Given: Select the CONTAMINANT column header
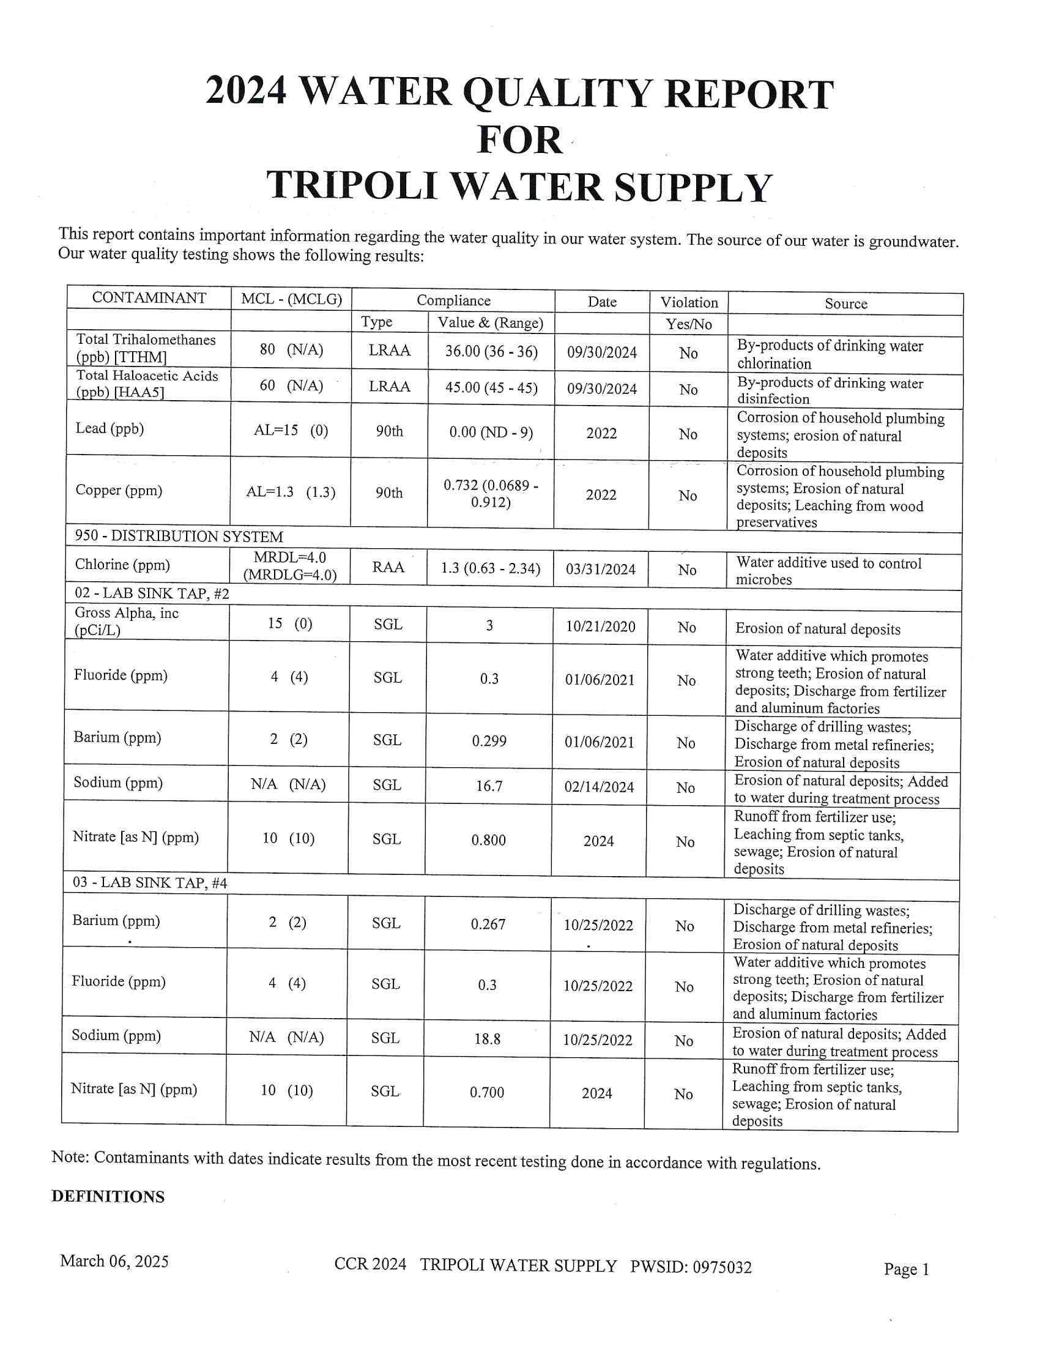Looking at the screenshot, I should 149,298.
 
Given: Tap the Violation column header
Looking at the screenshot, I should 689,302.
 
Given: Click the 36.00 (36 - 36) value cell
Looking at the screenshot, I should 491,351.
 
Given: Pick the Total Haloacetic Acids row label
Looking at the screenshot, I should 147,384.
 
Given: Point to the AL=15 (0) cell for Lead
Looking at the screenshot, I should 291,430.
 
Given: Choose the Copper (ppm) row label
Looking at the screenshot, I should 119,490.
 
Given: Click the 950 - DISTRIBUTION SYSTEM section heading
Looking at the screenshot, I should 179,535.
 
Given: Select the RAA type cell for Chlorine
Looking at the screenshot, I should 388,567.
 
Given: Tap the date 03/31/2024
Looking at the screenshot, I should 601,569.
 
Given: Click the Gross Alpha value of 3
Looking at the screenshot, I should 489,625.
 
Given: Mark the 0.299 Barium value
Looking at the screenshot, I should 489,741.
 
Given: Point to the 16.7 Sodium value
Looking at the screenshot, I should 489,786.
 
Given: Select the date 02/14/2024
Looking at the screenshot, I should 599,787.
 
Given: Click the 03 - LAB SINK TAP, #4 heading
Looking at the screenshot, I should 150,882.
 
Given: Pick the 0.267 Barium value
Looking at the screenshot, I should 488,924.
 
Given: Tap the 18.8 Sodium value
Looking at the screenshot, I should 488,1038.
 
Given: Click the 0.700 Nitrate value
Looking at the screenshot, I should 487,1092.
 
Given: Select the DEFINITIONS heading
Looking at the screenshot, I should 108,1196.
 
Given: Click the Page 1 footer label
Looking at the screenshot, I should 905,1269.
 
